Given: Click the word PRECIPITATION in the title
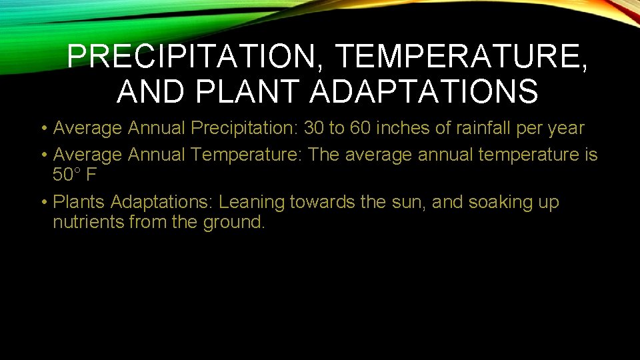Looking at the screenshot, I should point(192,58).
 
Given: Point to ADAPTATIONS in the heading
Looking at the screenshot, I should point(423,91).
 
